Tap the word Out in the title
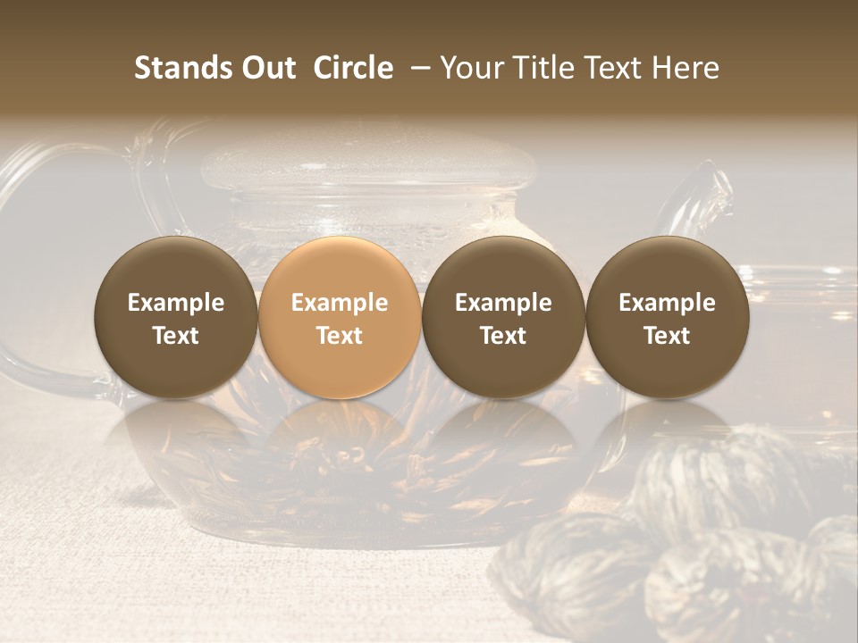click(267, 68)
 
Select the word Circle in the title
click(353, 68)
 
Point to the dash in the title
click(416, 69)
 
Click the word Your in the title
click(471, 68)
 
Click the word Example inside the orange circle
click(340, 303)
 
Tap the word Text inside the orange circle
click(340, 336)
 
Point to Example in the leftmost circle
click(176, 303)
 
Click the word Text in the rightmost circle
click(667, 336)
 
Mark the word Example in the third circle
click(503, 303)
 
